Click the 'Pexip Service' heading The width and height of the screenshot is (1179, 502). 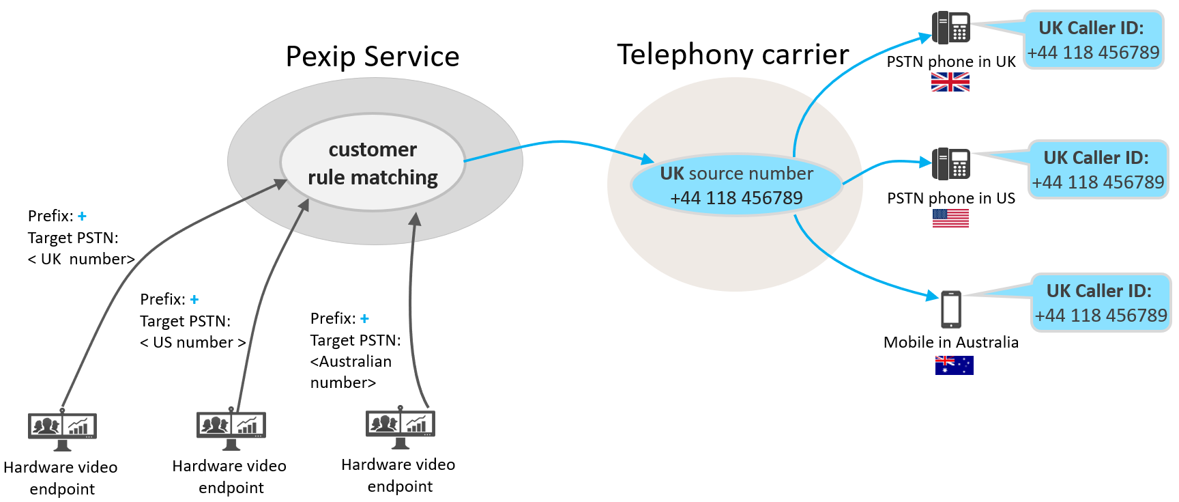[x=373, y=57]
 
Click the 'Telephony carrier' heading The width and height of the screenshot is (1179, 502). [x=733, y=55]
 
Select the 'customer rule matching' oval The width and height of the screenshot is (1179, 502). [x=373, y=163]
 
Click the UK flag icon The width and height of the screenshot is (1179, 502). [x=950, y=83]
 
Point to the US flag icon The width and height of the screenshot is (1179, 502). [x=950, y=219]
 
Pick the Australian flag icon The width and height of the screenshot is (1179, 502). [x=954, y=365]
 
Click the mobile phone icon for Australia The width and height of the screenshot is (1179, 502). [x=950, y=309]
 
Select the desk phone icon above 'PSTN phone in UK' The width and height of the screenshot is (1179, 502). [x=951, y=28]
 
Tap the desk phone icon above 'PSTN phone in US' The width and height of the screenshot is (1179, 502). [x=951, y=164]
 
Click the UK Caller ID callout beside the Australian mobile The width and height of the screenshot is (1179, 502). [x=1101, y=303]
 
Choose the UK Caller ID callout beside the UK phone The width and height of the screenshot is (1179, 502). [x=1093, y=40]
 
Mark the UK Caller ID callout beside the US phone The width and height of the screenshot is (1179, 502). [x=1098, y=170]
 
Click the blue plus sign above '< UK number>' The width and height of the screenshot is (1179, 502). [x=82, y=217]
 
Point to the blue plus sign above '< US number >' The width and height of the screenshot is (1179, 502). [x=194, y=300]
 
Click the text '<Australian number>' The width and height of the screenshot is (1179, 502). [x=351, y=372]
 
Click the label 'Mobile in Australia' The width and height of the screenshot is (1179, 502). [x=950, y=343]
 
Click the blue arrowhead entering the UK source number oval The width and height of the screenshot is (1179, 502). [x=647, y=160]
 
